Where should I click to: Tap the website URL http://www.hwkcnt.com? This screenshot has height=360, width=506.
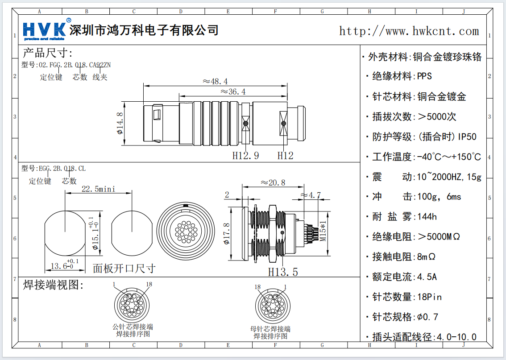click(409, 31)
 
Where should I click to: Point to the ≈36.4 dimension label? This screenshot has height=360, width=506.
click(233, 92)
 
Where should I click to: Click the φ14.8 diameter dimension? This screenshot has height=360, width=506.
click(120, 123)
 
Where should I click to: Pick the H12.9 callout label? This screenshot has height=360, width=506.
click(245, 155)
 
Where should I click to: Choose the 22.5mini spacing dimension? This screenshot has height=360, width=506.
click(98, 189)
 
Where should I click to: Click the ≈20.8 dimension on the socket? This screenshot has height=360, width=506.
click(273, 182)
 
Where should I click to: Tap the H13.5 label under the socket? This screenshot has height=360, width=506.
click(283, 271)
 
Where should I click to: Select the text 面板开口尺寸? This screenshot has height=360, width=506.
click(124, 268)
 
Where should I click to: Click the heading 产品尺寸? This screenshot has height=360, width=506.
click(47, 53)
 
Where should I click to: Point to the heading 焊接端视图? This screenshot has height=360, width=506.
click(54, 285)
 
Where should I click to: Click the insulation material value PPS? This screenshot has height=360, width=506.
click(424, 76)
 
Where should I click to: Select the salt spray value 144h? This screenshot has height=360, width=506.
click(426, 217)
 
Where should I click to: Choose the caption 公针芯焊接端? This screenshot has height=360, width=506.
click(133, 327)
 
